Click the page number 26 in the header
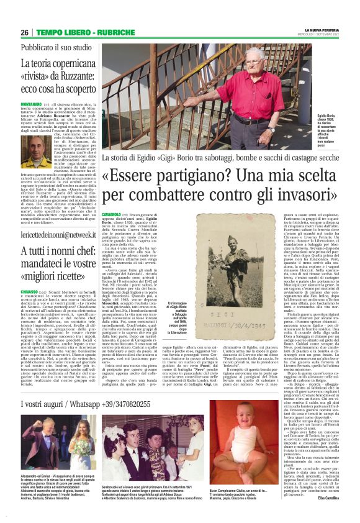click(25, 32)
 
